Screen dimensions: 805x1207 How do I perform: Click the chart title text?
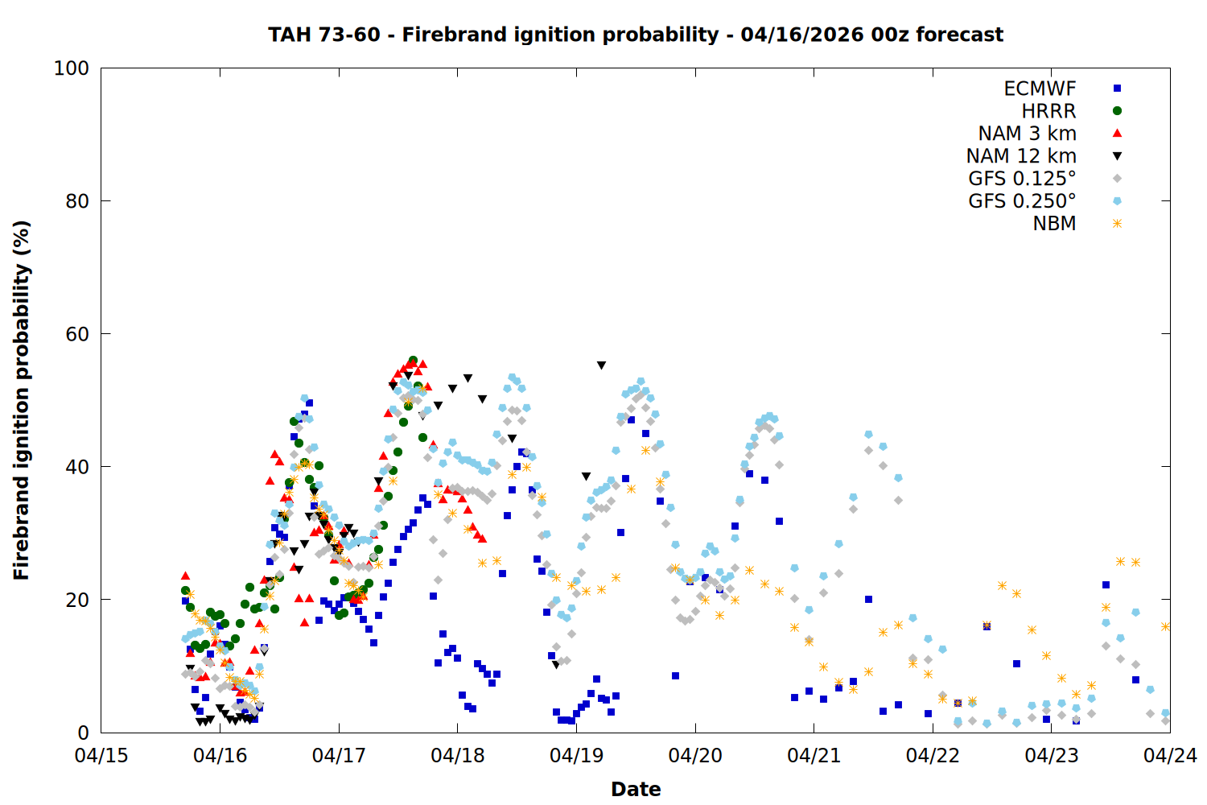click(636, 35)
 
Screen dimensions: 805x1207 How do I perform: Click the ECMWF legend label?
click(1040, 89)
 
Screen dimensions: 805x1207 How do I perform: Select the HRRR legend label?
click(1048, 111)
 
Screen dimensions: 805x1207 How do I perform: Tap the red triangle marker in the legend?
click(1117, 133)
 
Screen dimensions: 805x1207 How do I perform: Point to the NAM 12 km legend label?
click(1021, 156)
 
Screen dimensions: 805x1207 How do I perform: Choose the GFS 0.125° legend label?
click(1022, 179)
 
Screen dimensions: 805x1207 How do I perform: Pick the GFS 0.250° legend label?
click(1022, 201)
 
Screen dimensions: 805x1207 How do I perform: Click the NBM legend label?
click(1054, 224)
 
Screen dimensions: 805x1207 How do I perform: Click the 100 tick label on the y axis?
click(71, 68)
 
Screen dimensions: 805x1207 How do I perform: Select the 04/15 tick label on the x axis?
click(101, 756)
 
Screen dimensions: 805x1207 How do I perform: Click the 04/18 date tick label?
click(458, 756)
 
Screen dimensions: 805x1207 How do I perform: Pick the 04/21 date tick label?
click(814, 756)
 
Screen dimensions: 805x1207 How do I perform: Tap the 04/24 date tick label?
click(1170, 756)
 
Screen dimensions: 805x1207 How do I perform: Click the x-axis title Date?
click(636, 789)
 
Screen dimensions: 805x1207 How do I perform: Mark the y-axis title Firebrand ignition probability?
click(22, 400)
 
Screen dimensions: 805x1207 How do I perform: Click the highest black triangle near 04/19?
click(601, 365)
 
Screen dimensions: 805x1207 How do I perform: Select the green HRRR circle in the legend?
click(1117, 111)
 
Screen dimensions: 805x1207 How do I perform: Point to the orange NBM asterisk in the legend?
click(1117, 224)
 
